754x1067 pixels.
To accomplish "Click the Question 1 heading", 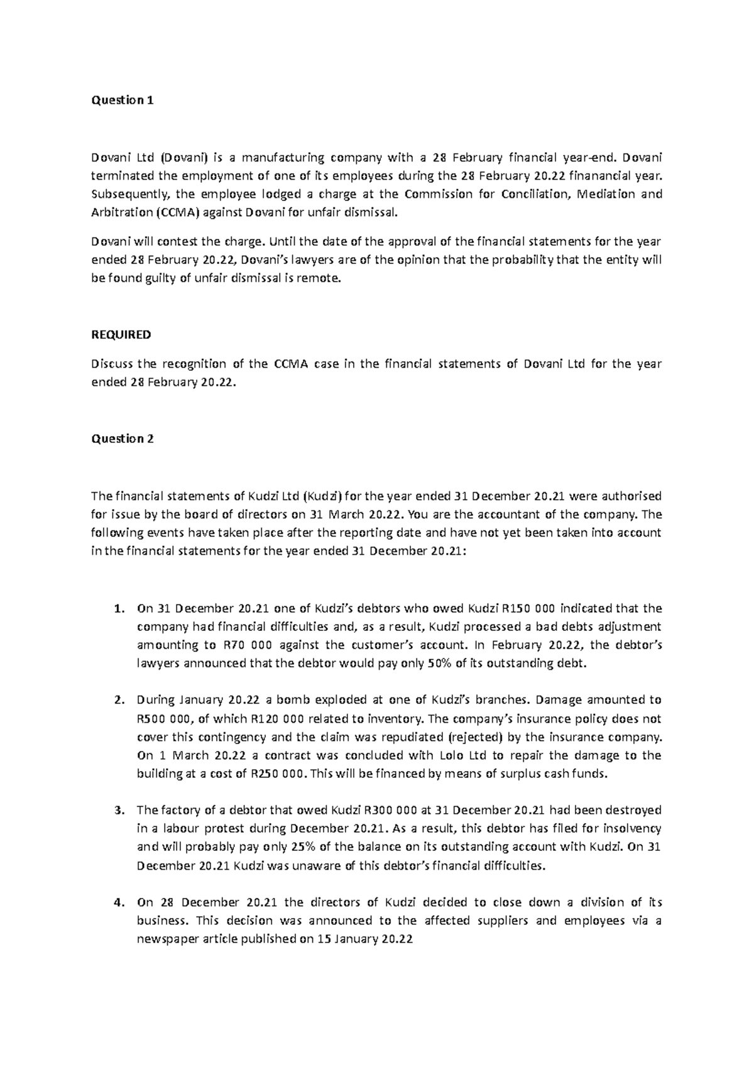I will point(123,101).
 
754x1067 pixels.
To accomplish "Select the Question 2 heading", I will point(123,439).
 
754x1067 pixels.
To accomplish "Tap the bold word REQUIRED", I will point(121,334).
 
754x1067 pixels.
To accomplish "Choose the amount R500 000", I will point(165,719).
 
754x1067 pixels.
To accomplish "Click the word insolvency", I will point(630,829).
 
